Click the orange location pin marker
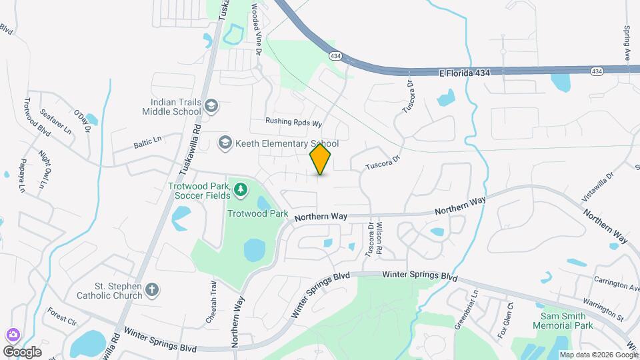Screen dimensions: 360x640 pos(321,159)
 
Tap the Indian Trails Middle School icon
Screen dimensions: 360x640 pos(211,105)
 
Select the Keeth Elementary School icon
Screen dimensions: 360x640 pos(225,143)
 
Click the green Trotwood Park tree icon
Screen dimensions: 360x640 pos(240,192)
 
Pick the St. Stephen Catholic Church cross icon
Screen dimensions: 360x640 pos(152,289)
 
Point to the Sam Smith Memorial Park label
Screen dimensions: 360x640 pos(563,321)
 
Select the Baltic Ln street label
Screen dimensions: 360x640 pos(147,141)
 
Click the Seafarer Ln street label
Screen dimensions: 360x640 pos(55,122)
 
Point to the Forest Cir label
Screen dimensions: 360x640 pos(62,315)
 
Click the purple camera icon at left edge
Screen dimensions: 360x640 pos(12,334)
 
